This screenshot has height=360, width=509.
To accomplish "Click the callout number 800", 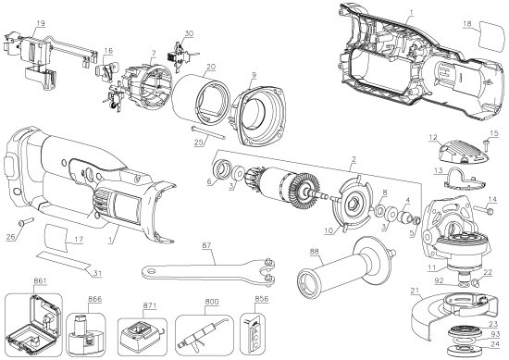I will tap(212, 302).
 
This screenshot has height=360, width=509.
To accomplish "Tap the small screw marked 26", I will tap(22, 222).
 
